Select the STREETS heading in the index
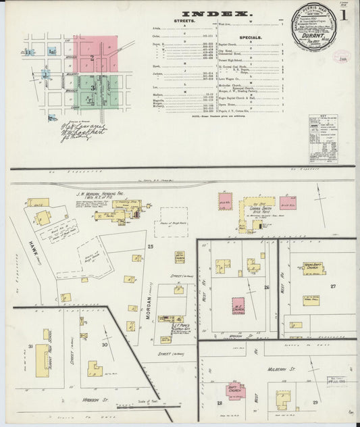(184, 22)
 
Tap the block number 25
(151, 247)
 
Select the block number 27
(333, 286)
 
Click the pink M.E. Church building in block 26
(238, 306)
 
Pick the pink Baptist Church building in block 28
(236, 391)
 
